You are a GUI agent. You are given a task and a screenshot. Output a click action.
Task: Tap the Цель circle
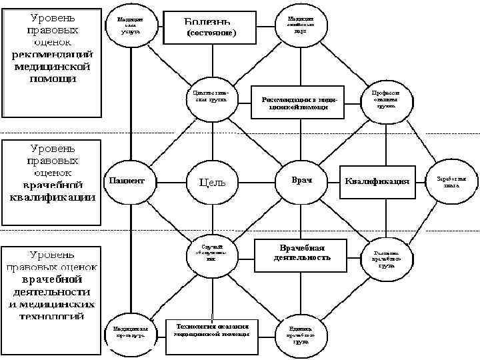[211, 181]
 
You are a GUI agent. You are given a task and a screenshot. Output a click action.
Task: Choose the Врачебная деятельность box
[301, 252]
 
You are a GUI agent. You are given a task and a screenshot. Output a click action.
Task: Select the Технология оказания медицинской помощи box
[211, 330]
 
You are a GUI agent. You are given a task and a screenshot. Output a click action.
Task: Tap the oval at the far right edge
[456, 182]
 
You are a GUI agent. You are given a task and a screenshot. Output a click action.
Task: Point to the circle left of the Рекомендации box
[211, 95]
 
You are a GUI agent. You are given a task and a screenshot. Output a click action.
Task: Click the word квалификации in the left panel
[52, 197]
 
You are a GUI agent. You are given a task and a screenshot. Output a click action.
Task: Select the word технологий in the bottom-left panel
[53, 315]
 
